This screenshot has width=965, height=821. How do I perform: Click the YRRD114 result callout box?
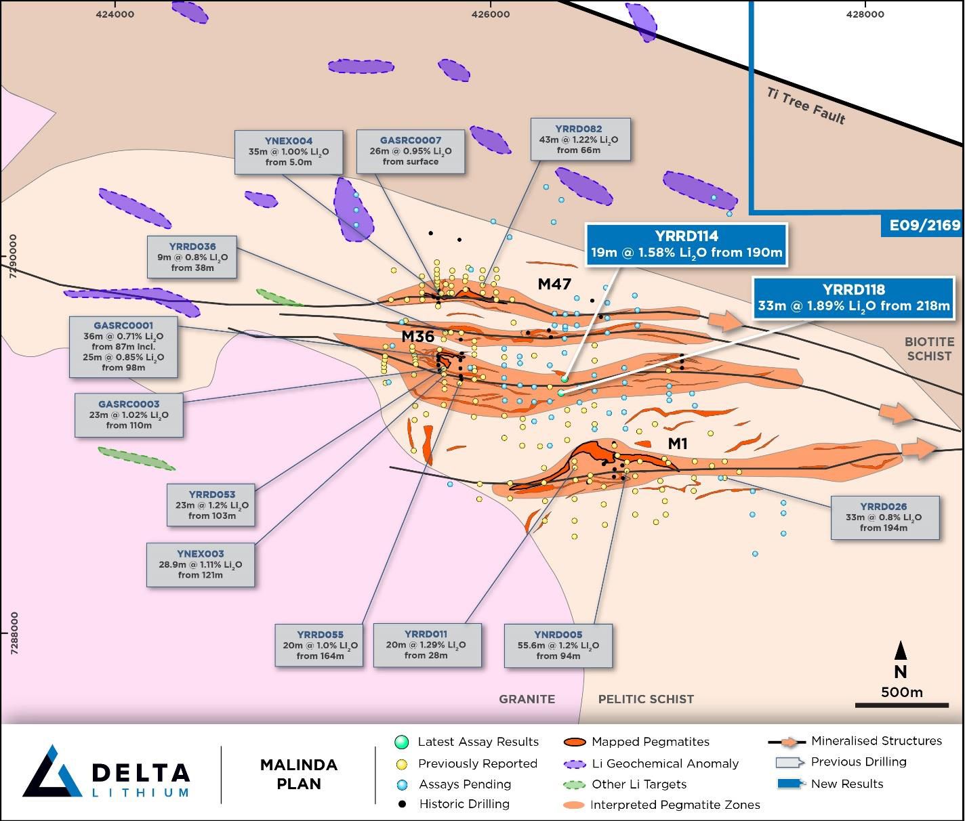pos(686,245)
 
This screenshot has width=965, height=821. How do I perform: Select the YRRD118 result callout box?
pos(853,297)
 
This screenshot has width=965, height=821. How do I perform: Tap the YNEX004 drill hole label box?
pos(288,152)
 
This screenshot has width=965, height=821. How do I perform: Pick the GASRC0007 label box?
pos(410,151)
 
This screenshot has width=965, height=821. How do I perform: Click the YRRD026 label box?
pos(884,517)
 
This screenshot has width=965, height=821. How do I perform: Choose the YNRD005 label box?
pos(558,645)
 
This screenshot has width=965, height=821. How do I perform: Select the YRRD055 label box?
pos(319,645)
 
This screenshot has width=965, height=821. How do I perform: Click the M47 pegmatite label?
pos(554,285)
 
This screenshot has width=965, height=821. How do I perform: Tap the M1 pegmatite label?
pos(678,444)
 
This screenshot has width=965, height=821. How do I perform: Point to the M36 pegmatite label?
pos(417,336)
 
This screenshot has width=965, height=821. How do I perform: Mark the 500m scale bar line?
pos(901,705)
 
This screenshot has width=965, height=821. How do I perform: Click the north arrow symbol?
pos(901,651)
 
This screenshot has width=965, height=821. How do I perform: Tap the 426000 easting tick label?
pos(491,14)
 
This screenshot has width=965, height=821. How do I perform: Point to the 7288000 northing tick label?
pos(14,633)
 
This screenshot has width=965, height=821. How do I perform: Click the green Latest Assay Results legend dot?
pos(401,742)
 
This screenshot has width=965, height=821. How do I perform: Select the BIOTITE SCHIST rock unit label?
pos(928,349)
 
